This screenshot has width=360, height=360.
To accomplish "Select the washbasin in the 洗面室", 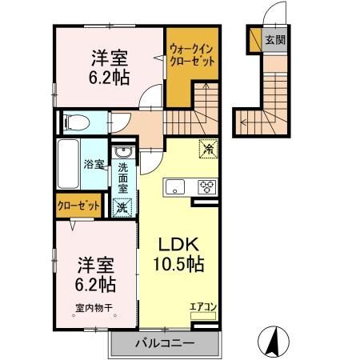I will pos(124,153).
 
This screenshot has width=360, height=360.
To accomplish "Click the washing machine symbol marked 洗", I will pos(122,206).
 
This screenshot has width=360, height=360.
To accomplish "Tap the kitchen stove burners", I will pos(206,188).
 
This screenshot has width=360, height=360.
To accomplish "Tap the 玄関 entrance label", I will pos(275,39).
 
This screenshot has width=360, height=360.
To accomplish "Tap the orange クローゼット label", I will pos(78,206).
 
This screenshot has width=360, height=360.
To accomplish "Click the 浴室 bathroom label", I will pos(94,165).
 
